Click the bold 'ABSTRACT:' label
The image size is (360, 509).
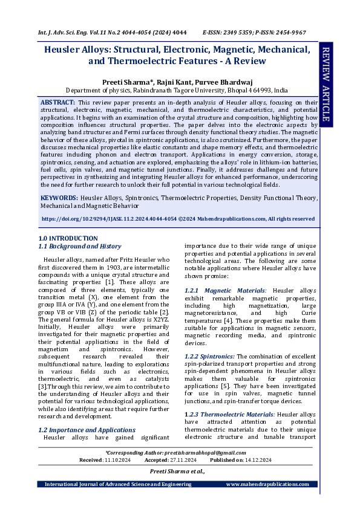point(58,102)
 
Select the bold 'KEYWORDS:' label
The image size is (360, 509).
point(59,198)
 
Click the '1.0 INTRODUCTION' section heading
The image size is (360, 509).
point(68,239)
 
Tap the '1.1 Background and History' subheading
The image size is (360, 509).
point(79,247)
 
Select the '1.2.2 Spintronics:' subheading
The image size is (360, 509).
point(209,356)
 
